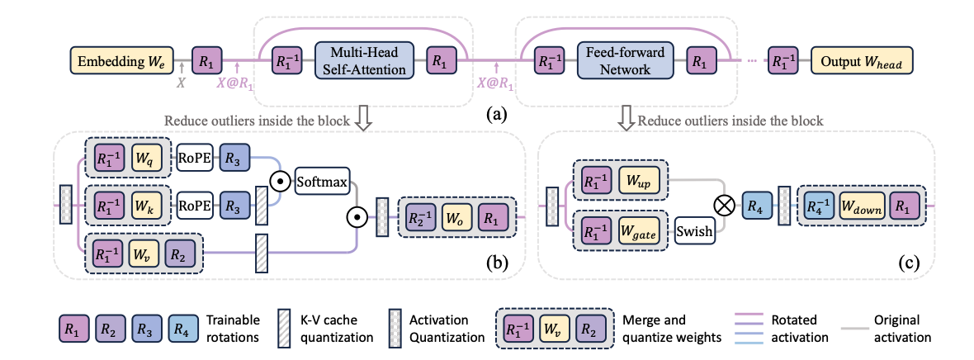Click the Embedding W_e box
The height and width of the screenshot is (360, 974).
pos(123,61)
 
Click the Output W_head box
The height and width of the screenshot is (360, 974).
pos(862,61)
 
